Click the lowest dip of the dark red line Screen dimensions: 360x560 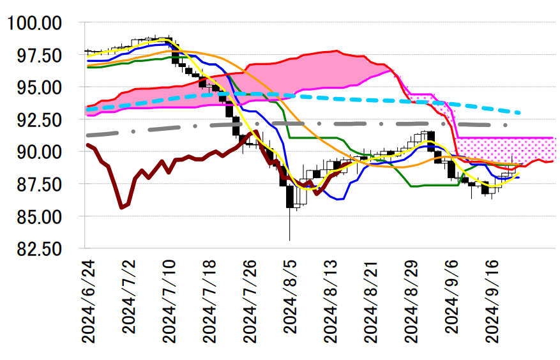(121, 207)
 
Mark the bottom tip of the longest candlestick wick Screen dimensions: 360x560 (290, 241)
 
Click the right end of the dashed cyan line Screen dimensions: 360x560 (520, 113)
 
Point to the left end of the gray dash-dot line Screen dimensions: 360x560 (87, 135)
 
